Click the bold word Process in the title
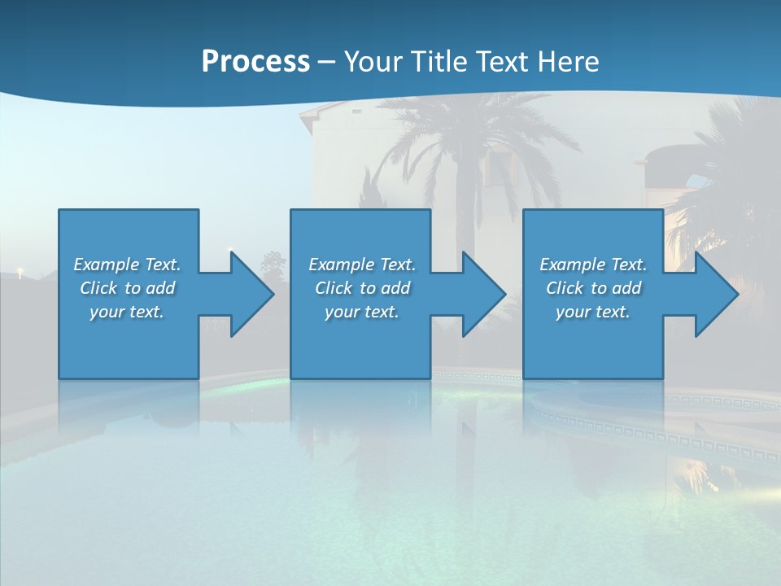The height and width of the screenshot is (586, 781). coord(255,62)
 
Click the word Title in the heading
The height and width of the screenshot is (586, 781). coord(438,62)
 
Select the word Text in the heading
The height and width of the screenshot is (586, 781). coord(504,62)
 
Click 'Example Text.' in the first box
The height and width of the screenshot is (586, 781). coord(127,265)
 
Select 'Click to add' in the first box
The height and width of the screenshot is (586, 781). coord(127,288)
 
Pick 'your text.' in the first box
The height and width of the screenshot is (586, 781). coord(127,312)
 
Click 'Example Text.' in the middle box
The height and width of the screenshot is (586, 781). coord(361,265)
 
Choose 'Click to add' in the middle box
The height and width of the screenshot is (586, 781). coord(361,288)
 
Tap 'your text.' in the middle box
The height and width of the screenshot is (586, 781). coord(361,312)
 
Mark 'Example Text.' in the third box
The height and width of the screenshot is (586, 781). coord(592,265)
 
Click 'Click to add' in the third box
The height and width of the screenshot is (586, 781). coord(592,288)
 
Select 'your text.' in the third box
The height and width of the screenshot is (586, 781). coord(592,312)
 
